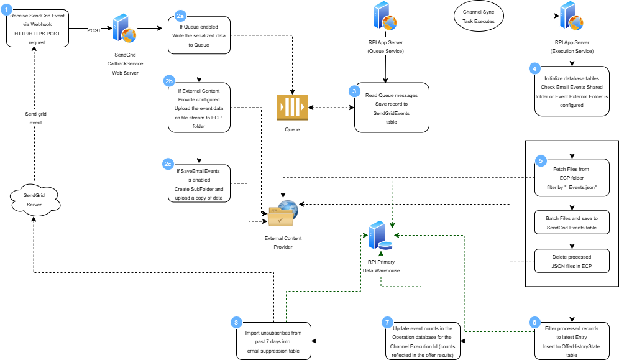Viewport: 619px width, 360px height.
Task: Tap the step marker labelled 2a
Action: (180, 15)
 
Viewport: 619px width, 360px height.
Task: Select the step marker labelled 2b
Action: (169, 81)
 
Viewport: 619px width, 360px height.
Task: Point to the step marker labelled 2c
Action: (168, 164)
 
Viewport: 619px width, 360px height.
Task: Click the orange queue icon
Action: (292, 107)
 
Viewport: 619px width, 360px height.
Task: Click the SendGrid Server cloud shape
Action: (34, 200)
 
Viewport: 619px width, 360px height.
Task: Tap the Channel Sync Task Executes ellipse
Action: (479, 17)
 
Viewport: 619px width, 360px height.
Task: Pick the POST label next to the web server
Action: (94, 30)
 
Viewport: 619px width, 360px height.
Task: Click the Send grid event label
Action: (35, 118)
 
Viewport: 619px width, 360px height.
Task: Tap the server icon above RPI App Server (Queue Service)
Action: (384, 16)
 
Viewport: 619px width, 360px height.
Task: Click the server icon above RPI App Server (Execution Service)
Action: (571, 16)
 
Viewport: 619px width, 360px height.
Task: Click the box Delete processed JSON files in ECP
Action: (571, 261)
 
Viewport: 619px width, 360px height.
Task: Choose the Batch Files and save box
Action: (571, 223)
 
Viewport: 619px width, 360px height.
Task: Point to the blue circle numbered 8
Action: (236, 321)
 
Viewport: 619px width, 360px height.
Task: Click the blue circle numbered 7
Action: (387, 321)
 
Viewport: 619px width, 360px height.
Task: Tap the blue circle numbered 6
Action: (533, 321)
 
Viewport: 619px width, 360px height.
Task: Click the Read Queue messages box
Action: (392, 108)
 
